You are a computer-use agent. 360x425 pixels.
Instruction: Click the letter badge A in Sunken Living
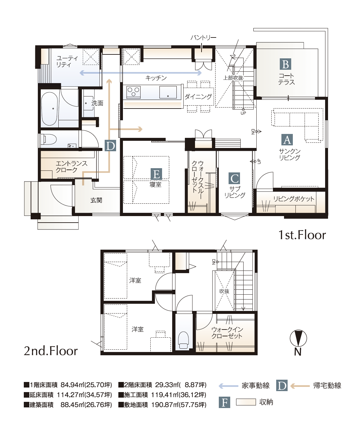tap(287, 140)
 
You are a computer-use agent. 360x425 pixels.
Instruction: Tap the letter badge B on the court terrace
tap(285, 64)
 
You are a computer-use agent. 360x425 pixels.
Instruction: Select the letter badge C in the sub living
tap(234, 178)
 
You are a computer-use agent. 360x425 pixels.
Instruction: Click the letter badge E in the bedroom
tap(156, 174)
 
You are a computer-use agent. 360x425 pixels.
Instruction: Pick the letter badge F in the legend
tap(225, 403)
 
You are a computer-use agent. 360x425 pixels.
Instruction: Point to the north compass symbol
tap(298, 339)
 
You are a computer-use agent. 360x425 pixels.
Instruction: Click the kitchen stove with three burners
tap(133, 92)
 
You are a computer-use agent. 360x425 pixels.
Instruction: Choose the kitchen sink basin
tap(168, 92)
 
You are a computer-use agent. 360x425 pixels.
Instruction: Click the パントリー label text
tap(203, 38)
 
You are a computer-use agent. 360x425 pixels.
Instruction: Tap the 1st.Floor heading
tap(302, 235)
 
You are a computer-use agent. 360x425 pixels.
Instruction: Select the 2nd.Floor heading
tap(51, 351)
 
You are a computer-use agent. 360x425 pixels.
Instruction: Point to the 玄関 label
tap(96, 200)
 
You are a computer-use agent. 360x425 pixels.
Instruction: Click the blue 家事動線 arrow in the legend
tap(228, 386)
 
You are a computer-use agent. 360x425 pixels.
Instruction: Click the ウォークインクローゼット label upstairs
tap(227, 333)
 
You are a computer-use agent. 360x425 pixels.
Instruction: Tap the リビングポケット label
tap(293, 199)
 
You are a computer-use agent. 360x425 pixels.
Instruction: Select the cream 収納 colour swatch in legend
tap(246, 402)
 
